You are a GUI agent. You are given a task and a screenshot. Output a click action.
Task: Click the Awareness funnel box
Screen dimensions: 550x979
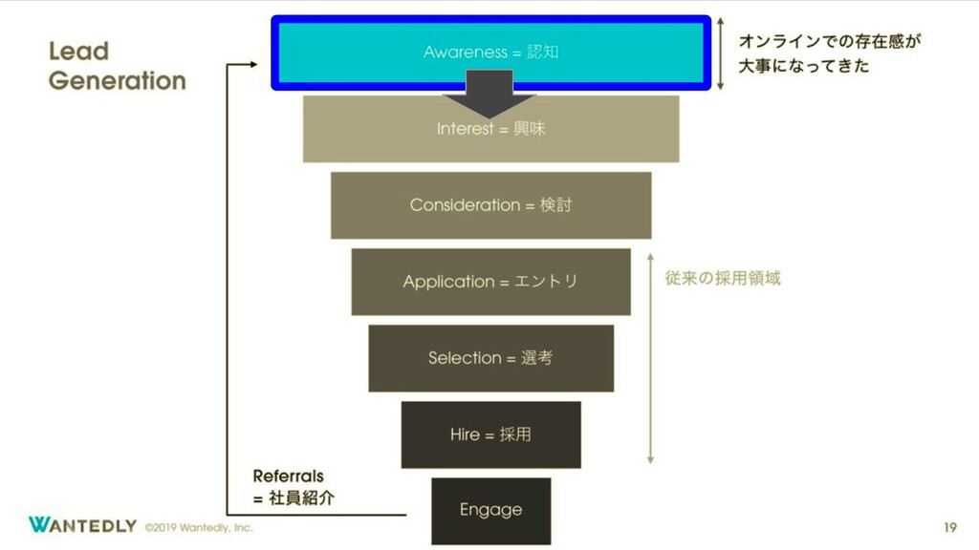pyautogui.click(x=490, y=52)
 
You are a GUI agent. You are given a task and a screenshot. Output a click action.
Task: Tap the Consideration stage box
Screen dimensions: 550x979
pyautogui.click(x=490, y=205)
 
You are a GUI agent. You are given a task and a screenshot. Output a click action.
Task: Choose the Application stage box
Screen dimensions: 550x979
pyautogui.click(x=490, y=282)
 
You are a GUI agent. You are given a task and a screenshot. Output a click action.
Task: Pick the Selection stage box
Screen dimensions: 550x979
pyautogui.click(x=490, y=358)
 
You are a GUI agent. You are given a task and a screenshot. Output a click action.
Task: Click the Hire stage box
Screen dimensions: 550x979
pyautogui.click(x=490, y=434)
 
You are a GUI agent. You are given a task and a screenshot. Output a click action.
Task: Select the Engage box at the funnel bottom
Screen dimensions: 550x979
pyautogui.click(x=490, y=510)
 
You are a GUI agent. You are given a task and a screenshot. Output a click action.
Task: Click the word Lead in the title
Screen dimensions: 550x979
pyautogui.click(x=78, y=52)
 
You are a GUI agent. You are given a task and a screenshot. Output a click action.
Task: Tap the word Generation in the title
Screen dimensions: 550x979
pyautogui.click(x=117, y=80)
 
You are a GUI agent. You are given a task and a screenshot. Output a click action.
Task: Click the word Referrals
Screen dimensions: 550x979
pyautogui.click(x=288, y=476)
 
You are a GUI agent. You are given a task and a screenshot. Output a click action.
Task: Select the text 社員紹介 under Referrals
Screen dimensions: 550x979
pyautogui.click(x=300, y=497)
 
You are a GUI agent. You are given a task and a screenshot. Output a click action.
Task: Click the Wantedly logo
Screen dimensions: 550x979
pyautogui.click(x=82, y=525)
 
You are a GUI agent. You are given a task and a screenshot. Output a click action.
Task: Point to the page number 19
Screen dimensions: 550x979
pyautogui.click(x=949, y=526)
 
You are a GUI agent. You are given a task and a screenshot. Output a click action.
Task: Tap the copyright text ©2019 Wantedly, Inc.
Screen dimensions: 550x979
pyautogui.click(x=199, y=527)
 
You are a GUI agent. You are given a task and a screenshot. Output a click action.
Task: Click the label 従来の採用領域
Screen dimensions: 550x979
pyautogui.click(x=723, y=279)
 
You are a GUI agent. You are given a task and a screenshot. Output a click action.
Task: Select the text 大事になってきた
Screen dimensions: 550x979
pyautogui.click(x=803, y=68)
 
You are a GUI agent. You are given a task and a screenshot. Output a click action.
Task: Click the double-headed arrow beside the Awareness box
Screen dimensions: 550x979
pyautogui.click(x=722, y=53)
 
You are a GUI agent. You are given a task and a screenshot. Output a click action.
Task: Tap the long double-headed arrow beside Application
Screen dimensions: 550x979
pyautogui.click(x=650, y=357)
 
